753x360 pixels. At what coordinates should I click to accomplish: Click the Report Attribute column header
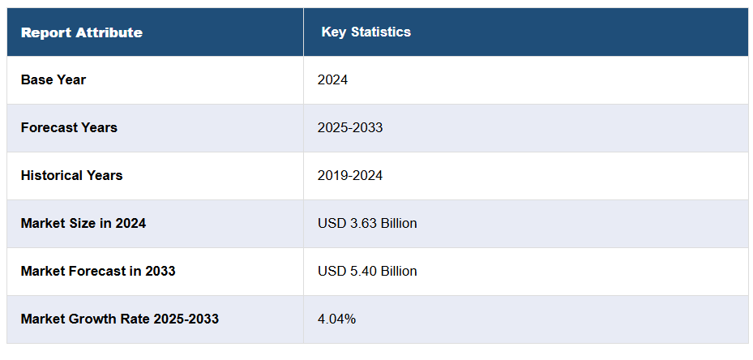coord(81,32)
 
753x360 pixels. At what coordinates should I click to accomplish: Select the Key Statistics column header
coord(366,32)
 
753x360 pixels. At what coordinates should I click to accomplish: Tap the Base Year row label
coord(53,79)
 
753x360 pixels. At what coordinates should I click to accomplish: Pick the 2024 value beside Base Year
coord(332,79)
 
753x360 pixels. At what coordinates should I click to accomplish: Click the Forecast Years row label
coord(69,127)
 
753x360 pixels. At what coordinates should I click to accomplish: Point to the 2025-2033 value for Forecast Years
coord(350,127)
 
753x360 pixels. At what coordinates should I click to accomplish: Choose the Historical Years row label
coord(72,175)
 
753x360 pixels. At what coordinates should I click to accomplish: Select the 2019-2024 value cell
coord(350,175)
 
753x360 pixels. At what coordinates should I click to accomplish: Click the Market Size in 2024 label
coord(83,223)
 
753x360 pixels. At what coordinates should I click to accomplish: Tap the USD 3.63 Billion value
coord(367,223)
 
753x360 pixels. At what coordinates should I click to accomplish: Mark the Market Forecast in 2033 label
coord(98,271)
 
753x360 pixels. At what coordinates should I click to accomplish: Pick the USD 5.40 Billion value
coord(367,271)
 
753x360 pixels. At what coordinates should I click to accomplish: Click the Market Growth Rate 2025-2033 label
coord(120,319)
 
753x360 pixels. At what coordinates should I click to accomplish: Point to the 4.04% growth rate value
coord(336,319)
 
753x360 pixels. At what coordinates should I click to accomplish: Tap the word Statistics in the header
coord(381,32)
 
